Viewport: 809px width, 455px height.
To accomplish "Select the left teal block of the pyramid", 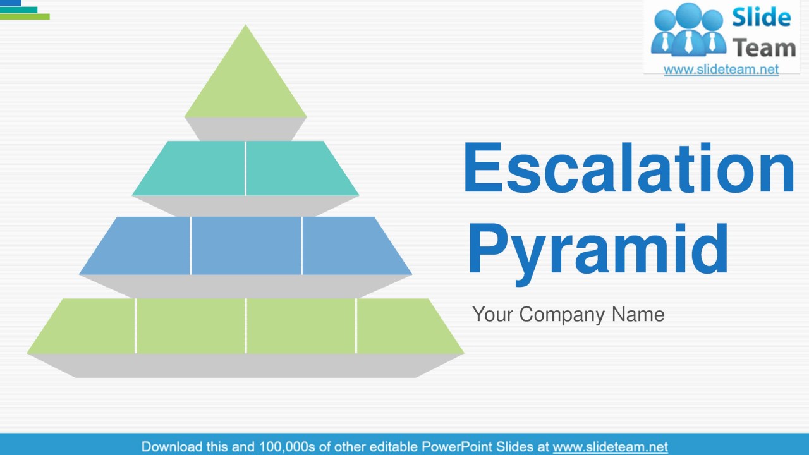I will point(197,168).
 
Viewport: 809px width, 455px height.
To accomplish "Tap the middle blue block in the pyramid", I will point(246,245).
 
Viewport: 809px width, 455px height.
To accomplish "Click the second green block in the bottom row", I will point(190,326).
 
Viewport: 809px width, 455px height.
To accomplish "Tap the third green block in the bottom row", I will point(301,326).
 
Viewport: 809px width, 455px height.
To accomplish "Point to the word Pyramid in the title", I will point(598,249).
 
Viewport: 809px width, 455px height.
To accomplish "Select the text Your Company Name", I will point(568,315).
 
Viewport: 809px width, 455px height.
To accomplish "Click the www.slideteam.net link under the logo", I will point(721,70).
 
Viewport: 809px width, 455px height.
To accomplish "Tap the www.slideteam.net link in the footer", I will point(610,447).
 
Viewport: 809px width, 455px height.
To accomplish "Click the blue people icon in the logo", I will point(688,29).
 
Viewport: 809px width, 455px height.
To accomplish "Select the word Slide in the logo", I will point(762,18).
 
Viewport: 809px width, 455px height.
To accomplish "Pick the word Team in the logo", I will point(763,47).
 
